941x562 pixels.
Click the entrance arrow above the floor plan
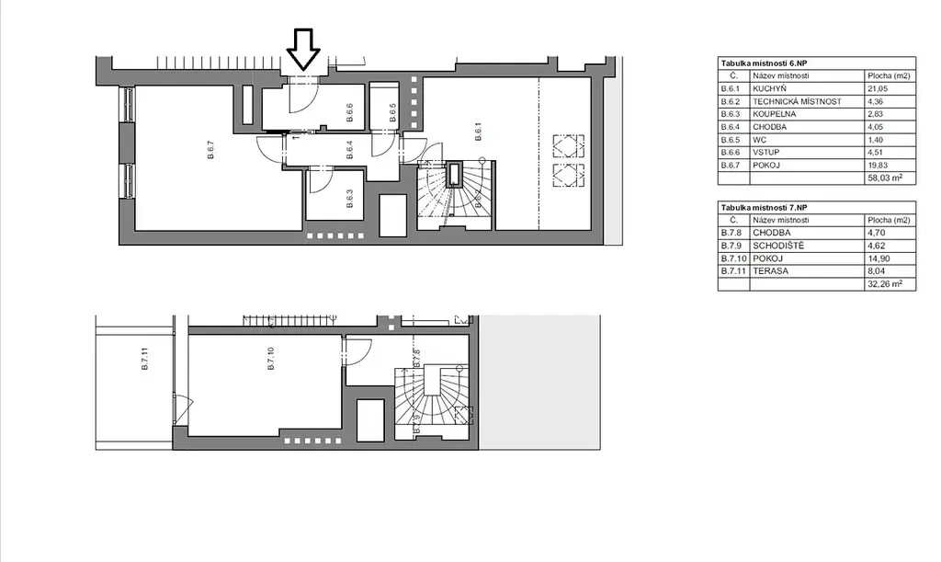coord(303,50)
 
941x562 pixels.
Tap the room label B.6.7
coord(210,150)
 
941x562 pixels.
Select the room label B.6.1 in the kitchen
coord(478,132)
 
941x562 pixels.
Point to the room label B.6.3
coord(349,199)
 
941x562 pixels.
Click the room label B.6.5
coord(392,113)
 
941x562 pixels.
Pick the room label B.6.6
coord(349,113)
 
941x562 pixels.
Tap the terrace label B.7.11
coord(144,359)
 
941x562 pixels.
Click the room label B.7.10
coord(271,359)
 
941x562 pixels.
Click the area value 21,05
coord(878,89)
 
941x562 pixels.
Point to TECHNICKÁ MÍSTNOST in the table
coord(797,101)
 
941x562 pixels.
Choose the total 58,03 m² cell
coord(885,178)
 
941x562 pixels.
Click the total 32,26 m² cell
coord(885,284)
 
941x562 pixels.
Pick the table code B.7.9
coord(731,246)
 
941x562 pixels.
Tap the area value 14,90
coord(878,258)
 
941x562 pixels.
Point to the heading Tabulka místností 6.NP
coord(760,63)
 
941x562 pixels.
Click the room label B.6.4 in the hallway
coord(349,150)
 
